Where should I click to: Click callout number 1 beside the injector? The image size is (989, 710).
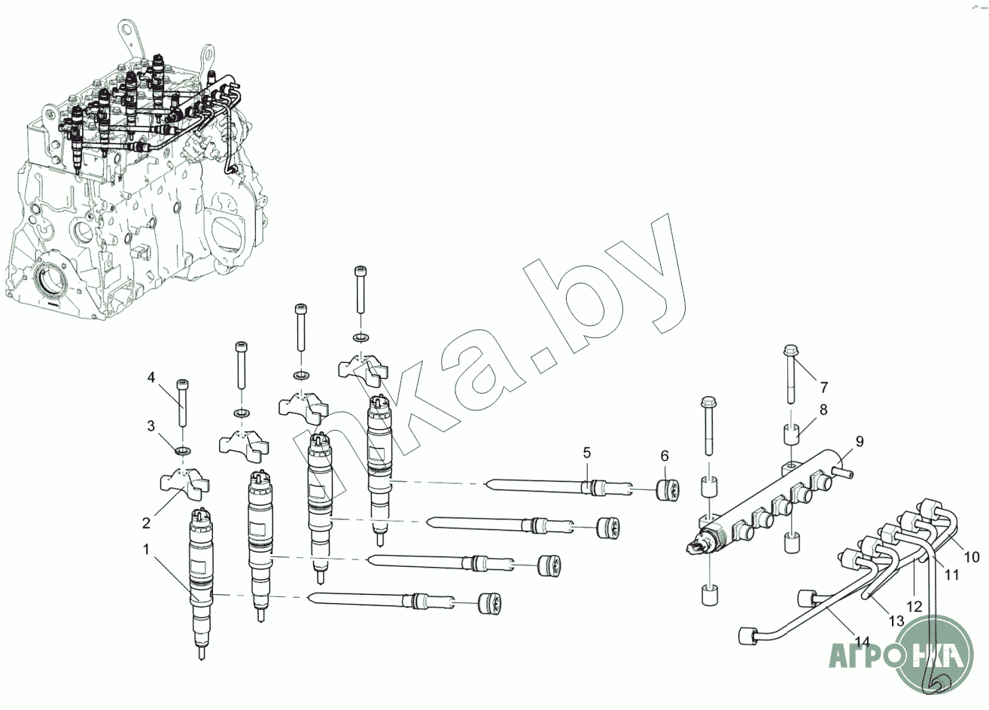tap(147, 550)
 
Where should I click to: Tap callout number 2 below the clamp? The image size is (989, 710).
tap(147, 523)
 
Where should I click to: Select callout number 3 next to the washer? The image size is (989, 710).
tap(151, 425)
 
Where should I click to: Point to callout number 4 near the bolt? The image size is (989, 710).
tap(151, 377)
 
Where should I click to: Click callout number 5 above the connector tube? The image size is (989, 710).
tap(587, 453)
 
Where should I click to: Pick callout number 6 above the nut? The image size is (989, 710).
tap(665, 456)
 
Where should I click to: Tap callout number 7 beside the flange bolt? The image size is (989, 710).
tap(824, 387)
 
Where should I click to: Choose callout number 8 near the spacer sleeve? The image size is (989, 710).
tap(823, 410)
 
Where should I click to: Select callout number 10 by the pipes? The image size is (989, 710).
tap(972, 557)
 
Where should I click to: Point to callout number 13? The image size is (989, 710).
tap(896, 621)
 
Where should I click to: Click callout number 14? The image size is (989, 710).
tap(863, 641)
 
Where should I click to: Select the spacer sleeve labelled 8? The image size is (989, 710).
tap(793, 435)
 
